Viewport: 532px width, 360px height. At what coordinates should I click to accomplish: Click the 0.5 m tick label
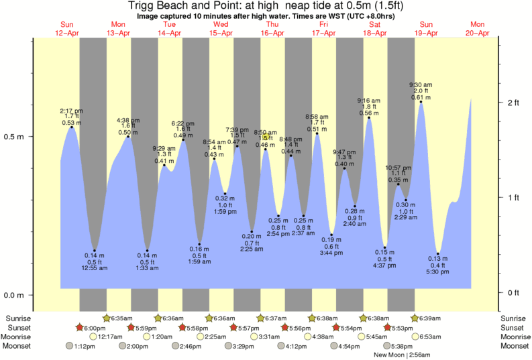tap(15, 137)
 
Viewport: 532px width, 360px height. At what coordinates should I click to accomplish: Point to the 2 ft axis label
tap(513, 102)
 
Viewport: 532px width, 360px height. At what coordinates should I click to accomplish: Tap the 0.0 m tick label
tap(15, 296)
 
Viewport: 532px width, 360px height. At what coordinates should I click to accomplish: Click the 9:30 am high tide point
tap(421, 102)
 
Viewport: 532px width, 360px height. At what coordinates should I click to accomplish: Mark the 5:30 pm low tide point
tap(438, 254)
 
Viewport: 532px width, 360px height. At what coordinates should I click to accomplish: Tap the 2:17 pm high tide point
tap(72, 127)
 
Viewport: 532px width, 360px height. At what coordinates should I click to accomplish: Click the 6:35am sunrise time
tap(121, 318)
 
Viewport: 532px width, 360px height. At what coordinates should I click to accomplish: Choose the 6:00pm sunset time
tap(95, 327)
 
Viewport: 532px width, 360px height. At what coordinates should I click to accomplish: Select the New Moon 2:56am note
tap(403, 354)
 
